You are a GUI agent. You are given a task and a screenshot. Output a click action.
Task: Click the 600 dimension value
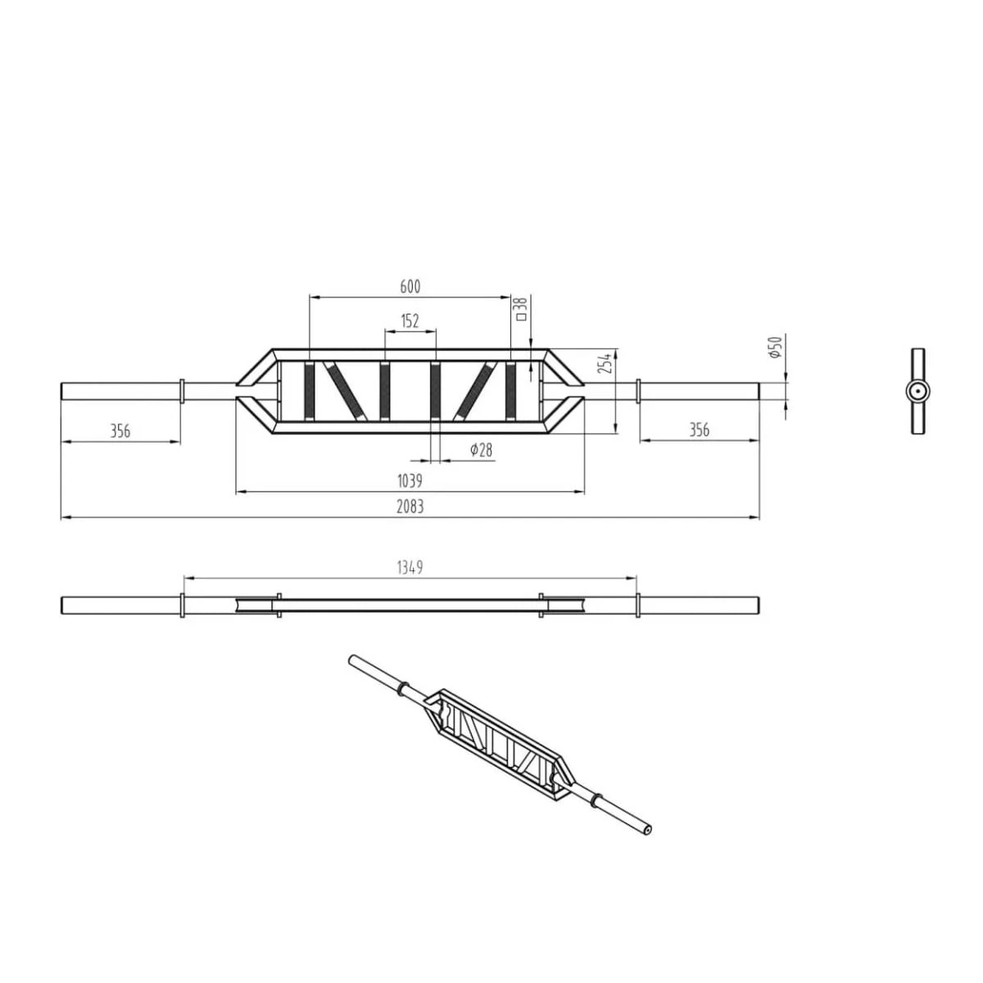(x=410, y=287)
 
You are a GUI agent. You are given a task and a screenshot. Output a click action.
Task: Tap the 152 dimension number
(x=410, y=321)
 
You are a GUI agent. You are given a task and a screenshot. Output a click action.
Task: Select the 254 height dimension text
(x=605, y=363)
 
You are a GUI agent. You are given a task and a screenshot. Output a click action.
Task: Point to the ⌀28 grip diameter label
(x=482, y=450)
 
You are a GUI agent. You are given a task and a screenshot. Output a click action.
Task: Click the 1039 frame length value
(x=410, y=481)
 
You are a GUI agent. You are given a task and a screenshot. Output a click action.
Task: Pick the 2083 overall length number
(x=410, y=506)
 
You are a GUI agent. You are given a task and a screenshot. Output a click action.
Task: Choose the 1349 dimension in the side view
(x=410, y=567)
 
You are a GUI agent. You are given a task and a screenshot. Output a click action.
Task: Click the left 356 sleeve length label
(x=120, y=431)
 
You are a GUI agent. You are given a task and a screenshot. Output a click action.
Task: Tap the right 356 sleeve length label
(x=699, y=430)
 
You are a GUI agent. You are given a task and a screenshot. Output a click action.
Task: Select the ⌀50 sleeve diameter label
(x=775, y=347)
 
